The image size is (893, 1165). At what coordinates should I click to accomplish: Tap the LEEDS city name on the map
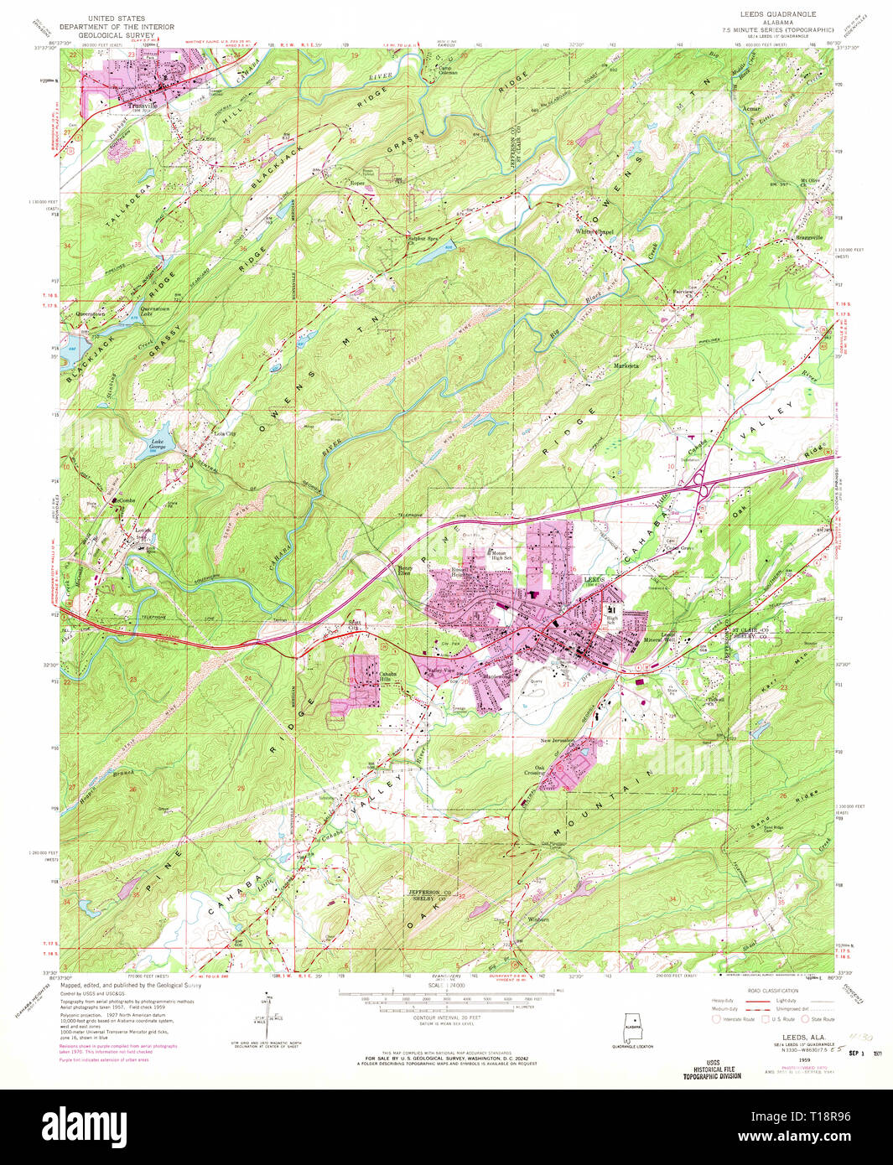pyautogui.click(x=594, y=580)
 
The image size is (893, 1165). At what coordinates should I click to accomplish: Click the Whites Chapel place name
pyautogui.click(x=594, y=232)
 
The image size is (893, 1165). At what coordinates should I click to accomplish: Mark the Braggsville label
pyautogui.click(x=809, y=237)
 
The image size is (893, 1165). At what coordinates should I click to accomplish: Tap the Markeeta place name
pyautogui.click(x=626, y=365)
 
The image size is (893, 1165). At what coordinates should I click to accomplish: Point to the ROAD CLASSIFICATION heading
pyautogui.click(x=771, y=991)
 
